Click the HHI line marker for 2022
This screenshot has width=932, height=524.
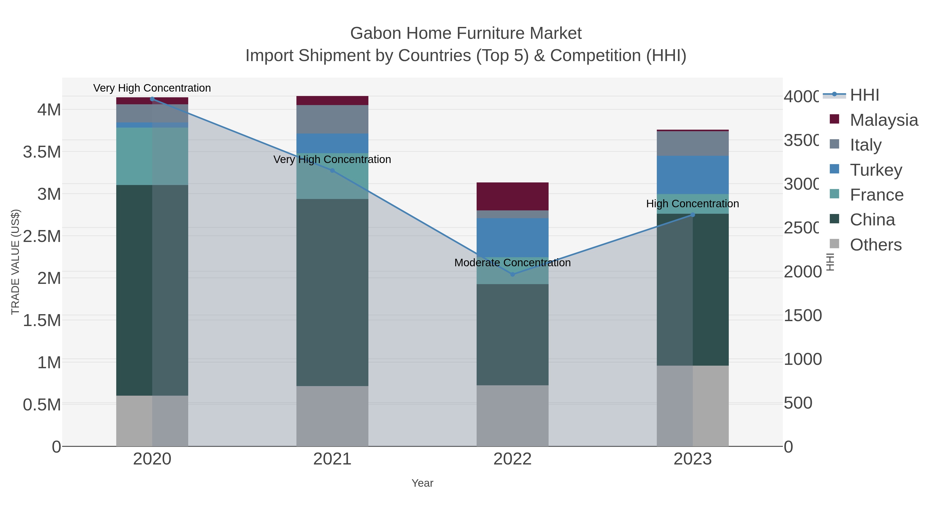tap(512, 275)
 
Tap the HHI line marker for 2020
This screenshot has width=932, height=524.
tap(152, 99)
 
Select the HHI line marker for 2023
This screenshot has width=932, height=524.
tap(693, 215)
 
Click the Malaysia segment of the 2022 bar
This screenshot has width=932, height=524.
tap(512, 196)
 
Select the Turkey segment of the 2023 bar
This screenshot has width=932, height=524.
tap(693, 175)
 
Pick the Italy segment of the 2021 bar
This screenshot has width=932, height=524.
tap(332, 119)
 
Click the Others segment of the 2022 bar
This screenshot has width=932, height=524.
tap(512, 416)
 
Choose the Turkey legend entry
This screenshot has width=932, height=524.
tap(876, 170)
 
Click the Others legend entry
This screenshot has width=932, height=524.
tap(875, 245)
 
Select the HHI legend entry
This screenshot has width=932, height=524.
tap(864, 95)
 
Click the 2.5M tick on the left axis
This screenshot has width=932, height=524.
tap(42, 237)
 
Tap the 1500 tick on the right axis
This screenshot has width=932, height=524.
tap(803, 316)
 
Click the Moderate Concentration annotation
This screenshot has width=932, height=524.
tap(512, 263)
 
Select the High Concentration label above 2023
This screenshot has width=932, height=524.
tap(693, 204)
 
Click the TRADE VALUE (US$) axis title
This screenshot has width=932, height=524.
tap(15, 262)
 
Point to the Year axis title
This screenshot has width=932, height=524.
tap(422, 483)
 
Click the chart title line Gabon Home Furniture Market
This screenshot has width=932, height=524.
tap(466, 33)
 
